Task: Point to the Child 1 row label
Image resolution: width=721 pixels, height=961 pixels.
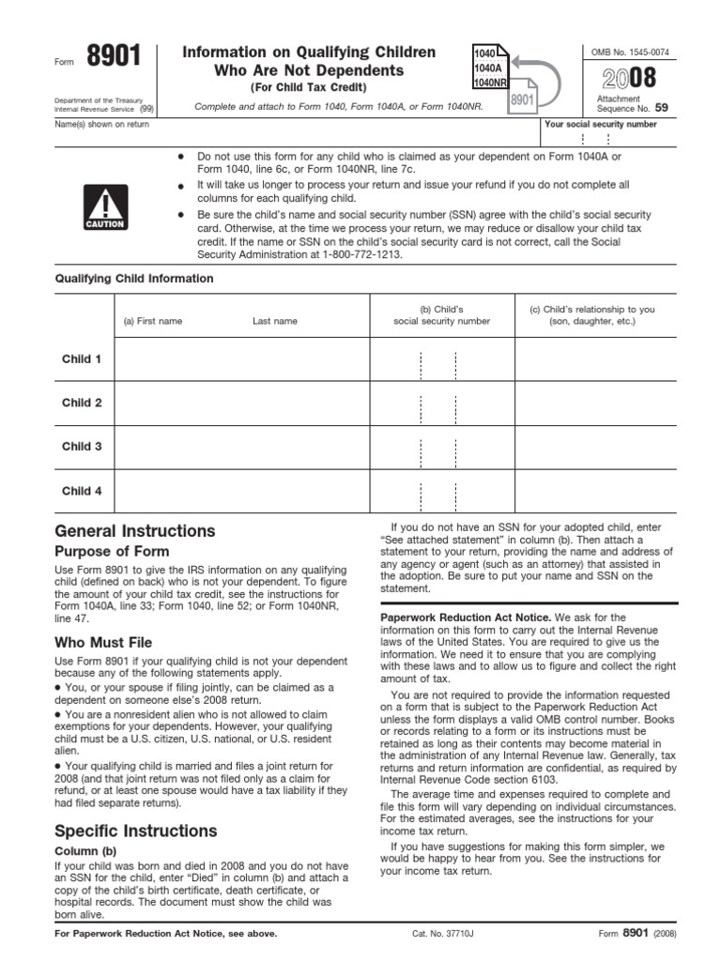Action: pyautogui.click(x=82, y=359)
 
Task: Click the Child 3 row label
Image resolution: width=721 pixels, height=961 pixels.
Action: pyautogui.click(x=82, y=447)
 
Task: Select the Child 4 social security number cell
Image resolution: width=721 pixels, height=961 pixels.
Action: pyautogui.click(x=440, y=491)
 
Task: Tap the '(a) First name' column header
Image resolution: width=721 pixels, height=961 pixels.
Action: pyautogui.click(x=153, y=321)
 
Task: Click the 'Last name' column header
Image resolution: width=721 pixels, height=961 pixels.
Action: pyautogui.click(x=274, y=321)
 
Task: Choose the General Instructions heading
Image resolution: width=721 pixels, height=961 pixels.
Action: pyautogui.click(x=134, y=530)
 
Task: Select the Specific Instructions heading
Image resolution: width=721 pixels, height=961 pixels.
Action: pyautogui.click(x=136, y=831)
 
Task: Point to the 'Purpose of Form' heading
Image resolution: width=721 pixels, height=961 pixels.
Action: pyautogui.click(x=112, y=552)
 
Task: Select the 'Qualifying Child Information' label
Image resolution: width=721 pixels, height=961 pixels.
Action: pyautogui.click(x=133, y=279)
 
